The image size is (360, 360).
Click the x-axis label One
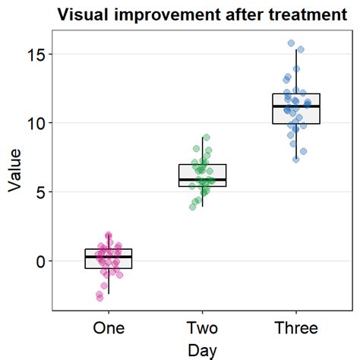click(109, 328)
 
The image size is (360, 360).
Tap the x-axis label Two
click(202, 328)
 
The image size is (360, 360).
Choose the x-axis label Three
click(296, 328)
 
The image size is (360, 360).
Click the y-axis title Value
click(15, 172)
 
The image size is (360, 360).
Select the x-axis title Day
click(202, 350)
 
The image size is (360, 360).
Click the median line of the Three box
click(296, 106)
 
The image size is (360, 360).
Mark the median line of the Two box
click(202, 179)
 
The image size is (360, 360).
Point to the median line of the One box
click(109, 257)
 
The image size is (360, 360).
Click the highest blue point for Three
click(291, 43)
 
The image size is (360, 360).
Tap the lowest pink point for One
click(99, 298)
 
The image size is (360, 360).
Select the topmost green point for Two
click(206, 137)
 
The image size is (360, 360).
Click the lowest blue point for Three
click(295, 159)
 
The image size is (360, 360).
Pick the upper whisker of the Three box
click(296, 71)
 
